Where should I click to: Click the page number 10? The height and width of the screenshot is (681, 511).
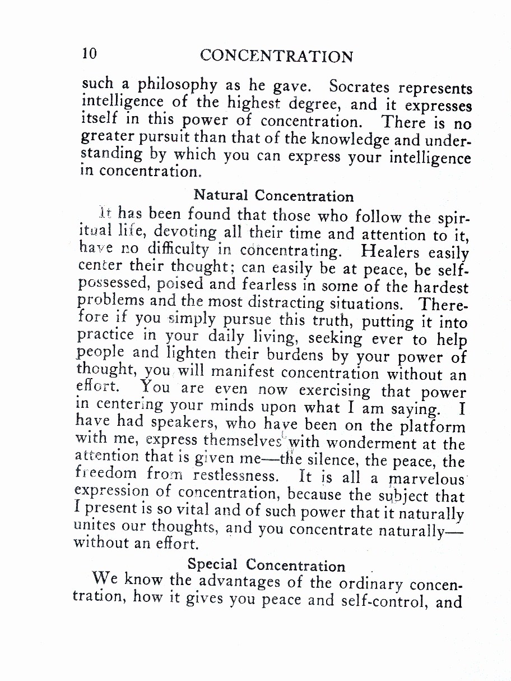(x=90, y=53)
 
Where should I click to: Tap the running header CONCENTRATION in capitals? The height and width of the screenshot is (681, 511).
(x=276, y=56)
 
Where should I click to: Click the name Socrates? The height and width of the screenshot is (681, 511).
(x=360, y=88)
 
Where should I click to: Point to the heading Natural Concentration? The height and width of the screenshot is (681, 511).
(x=273, y=196)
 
